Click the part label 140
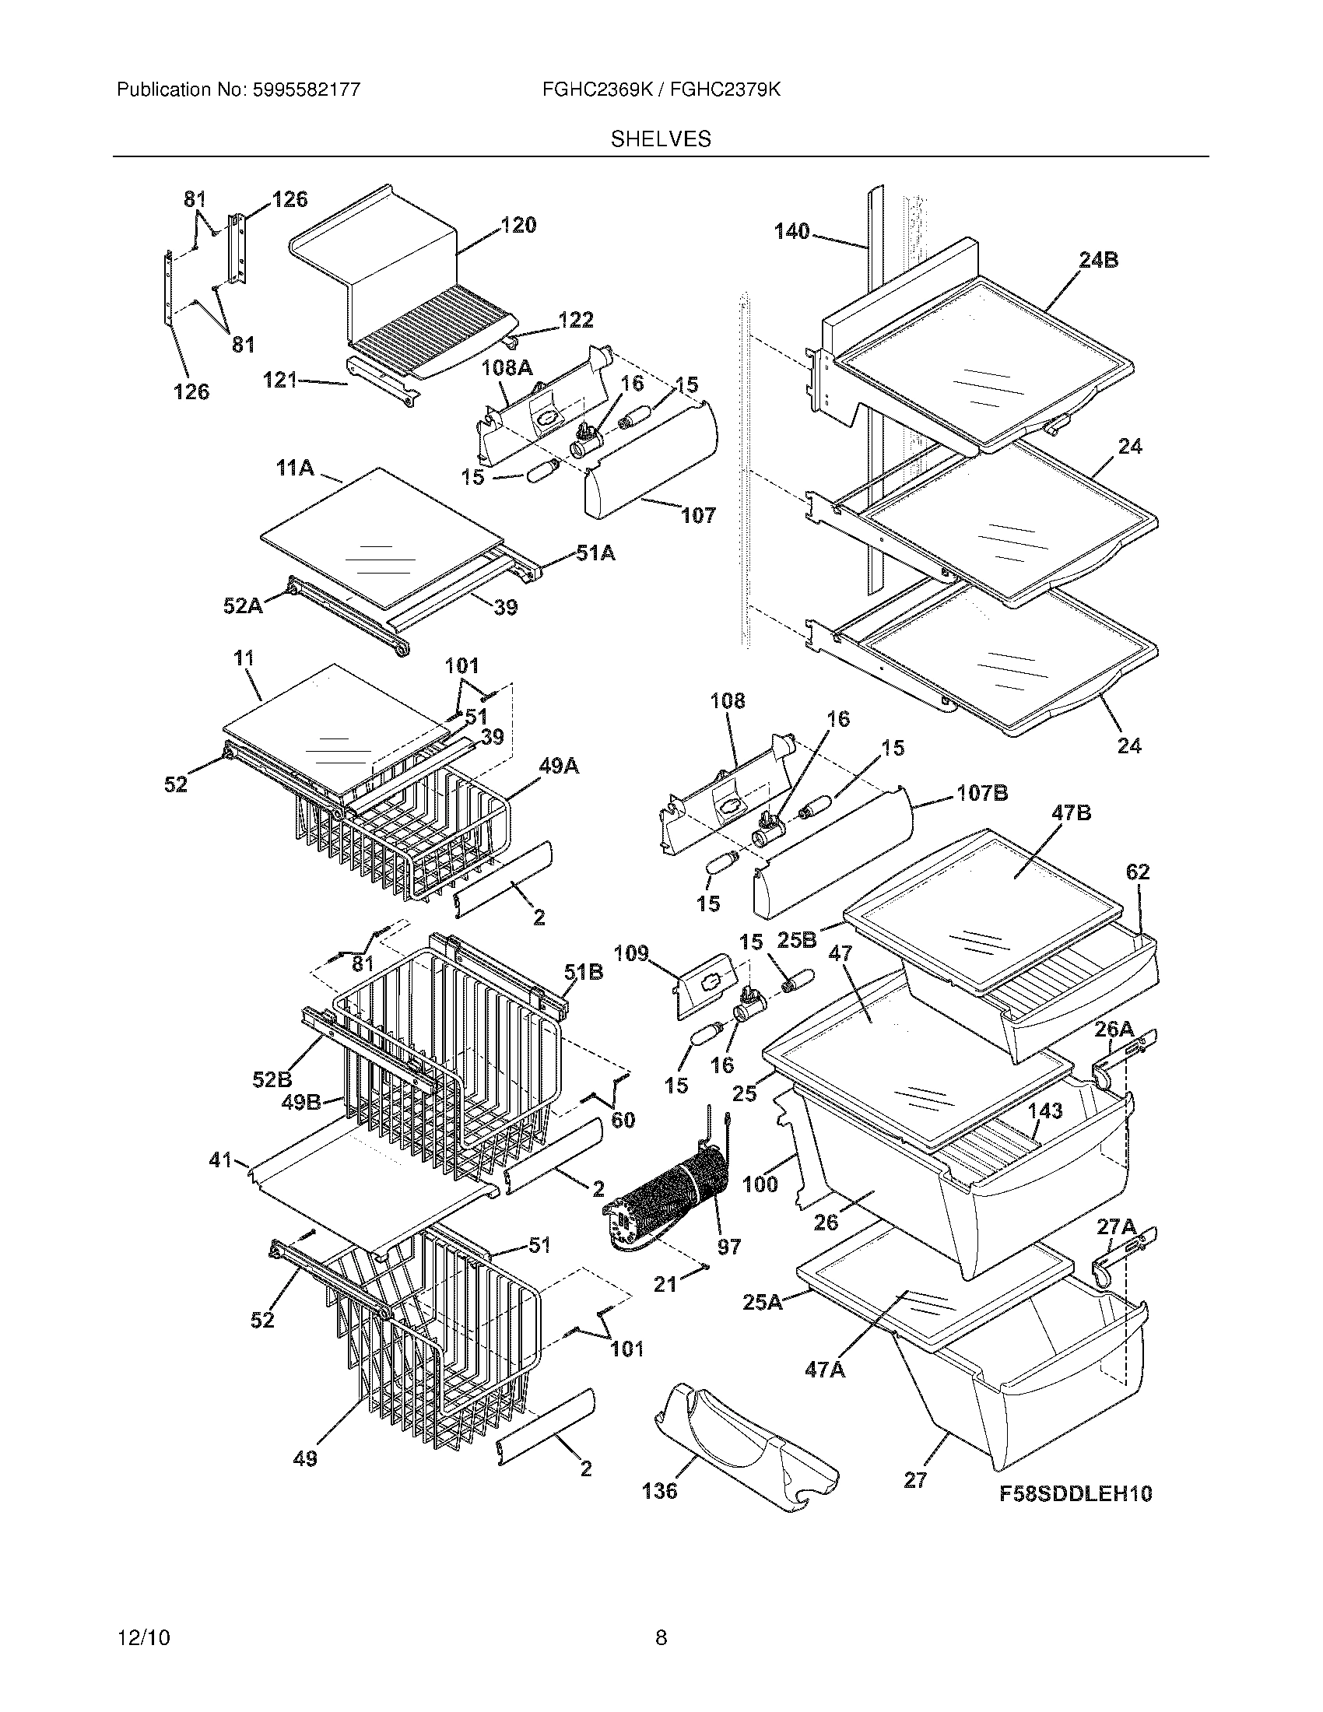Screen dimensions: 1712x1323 [x=791, y=231]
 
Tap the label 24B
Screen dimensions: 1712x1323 [x=1098, y=260]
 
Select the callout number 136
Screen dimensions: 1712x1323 [x=659, y=1490]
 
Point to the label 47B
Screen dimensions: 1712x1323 [x=1072, y=813]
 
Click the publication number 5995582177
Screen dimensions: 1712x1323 [x=306, y=90]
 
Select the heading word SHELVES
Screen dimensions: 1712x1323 [x=661, y=139]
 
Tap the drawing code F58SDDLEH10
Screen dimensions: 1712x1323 [x=1076, y=1493]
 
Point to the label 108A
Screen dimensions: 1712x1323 [x=507, y=367]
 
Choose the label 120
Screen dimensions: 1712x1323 [x=518, y=226]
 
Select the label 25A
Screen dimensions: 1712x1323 [x=762, y=1302]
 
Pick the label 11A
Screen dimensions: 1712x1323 [x=295, y=468]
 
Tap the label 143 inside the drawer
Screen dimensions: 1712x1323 [x=1044, y=1110]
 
